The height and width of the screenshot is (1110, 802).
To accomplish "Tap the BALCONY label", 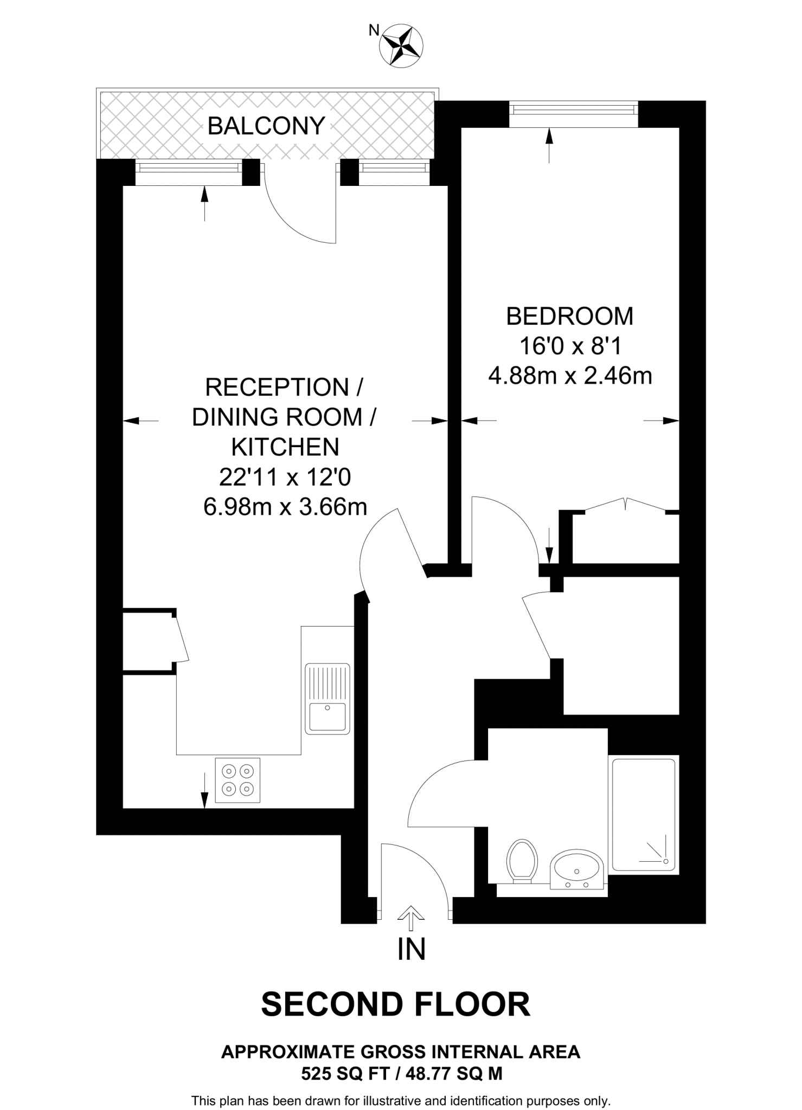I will tap(266, 126).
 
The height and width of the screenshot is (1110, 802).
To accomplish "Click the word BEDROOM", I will tap(569, 317).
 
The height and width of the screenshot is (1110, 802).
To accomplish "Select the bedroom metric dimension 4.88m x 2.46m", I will tap(570, 375).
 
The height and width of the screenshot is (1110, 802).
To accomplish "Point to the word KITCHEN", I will tap(285, 447).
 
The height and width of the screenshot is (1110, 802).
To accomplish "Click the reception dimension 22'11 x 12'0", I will tap(285, 477).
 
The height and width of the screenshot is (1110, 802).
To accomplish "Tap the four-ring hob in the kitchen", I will tap(238, 780).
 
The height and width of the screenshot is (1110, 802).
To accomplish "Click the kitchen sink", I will tap(327, 699).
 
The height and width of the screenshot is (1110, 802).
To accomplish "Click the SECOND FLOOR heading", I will tap(395, 1004).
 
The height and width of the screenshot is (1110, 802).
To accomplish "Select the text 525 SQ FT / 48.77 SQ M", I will tap(401, 1073).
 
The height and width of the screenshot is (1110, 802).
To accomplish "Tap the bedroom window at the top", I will tap(573, 110).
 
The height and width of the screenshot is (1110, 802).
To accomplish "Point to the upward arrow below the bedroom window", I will tap(549, 145).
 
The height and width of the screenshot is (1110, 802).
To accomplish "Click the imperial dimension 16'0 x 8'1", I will tap(570, 346).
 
